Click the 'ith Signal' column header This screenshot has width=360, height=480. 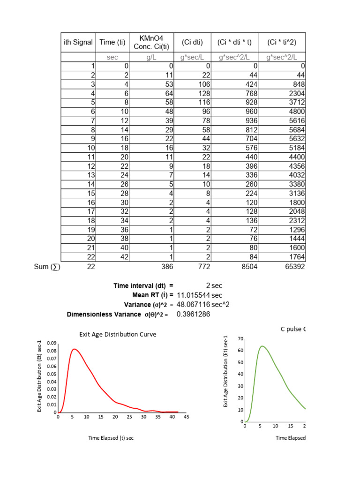coord(78,43)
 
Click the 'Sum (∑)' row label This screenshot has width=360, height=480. coord(47,266)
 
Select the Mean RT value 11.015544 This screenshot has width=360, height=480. coord(193,295)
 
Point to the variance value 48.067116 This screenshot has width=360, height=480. coord(193,304)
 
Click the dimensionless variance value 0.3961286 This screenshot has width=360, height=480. coord(193,314)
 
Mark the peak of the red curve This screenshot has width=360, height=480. coord(74,349)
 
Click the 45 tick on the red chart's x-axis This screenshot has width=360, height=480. coord(186,416)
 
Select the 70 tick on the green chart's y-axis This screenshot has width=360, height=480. coord(241,338)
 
